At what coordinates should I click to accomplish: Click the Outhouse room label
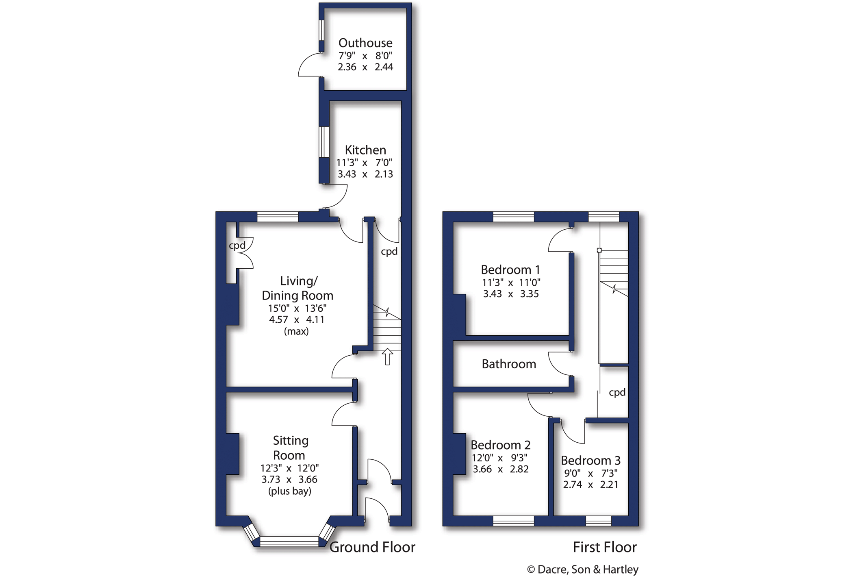(x=365, y=43)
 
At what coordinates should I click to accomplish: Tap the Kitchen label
(x=365, y=150)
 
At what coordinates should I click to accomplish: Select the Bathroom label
(x=509, y=364)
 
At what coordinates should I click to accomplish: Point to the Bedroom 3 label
(x=590, y=461)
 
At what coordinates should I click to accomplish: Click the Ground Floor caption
(x=372, y=547)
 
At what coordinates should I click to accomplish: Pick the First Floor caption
(x=605, y=547)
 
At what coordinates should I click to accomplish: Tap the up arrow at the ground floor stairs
(x=387, y=356)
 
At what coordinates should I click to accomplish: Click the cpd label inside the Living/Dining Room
(x=237, y=246)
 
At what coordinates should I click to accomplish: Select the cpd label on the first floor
(x=617, y=393)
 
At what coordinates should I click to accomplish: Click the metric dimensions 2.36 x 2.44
(x=365, y=67)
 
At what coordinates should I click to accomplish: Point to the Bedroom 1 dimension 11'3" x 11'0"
(x=511, y=283)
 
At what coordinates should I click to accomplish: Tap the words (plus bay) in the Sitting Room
(x=290, y=491)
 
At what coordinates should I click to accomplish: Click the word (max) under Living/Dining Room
(x=296, y=331)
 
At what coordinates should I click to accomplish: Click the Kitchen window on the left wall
(x=324, y=142)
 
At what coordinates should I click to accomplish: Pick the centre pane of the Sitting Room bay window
(x=289, y=541)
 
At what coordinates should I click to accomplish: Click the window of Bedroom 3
(x=598, y=521)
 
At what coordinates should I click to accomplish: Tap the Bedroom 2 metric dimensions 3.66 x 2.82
(x=501, y=469)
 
